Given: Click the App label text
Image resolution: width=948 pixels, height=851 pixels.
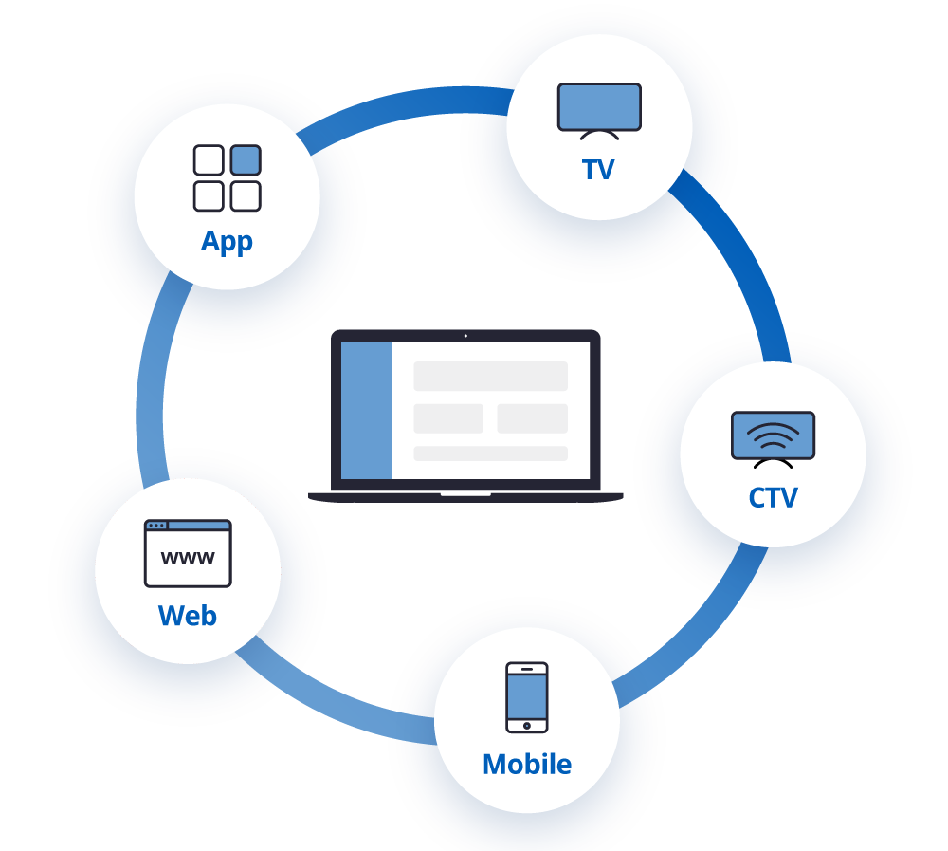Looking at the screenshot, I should [x=227, y=241].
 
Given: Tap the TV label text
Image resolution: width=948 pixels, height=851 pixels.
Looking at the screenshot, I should [x=598, y=170].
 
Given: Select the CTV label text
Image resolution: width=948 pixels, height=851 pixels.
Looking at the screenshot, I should [x=773, y=498].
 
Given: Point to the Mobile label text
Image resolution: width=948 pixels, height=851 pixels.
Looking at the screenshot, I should [x=526, y=764].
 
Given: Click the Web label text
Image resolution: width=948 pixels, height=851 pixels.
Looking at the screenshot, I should [x=188, y=616].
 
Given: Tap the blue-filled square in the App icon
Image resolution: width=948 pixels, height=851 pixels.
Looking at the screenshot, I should [x=246, y=160].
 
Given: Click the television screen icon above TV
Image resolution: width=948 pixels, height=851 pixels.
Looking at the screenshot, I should [x=599, y=107].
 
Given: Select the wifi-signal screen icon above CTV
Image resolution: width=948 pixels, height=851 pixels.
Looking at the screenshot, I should [x=773, y=435].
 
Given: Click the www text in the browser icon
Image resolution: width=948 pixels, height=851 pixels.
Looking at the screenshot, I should [x=188, y=559].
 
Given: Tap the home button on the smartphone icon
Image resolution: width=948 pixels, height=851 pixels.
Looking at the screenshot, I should [x=526, y=726].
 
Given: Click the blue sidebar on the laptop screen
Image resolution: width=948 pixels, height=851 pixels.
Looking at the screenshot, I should [x=366, y=411].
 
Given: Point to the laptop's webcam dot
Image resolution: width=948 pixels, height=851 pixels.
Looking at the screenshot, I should [x=465, y=336].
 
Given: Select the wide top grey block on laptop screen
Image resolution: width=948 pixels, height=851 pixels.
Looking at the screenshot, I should [x=490, y=376].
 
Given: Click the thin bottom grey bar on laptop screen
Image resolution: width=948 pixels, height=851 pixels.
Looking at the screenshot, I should [x=490, y=453].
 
